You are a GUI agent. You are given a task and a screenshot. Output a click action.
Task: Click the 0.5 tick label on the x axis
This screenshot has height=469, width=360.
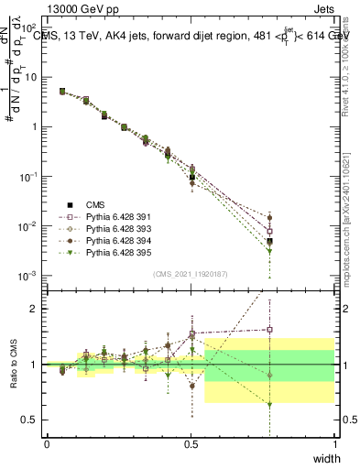(x=191, y=443)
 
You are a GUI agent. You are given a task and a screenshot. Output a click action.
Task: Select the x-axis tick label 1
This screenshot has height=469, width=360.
(x=334, y=443)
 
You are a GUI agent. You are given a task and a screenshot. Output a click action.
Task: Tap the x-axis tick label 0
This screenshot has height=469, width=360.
(x=47, y=443)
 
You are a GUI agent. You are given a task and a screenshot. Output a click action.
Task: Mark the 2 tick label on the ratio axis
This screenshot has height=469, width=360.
(x=34, y=309)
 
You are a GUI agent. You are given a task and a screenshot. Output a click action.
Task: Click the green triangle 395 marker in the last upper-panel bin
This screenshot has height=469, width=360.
(x=269, y=250)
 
